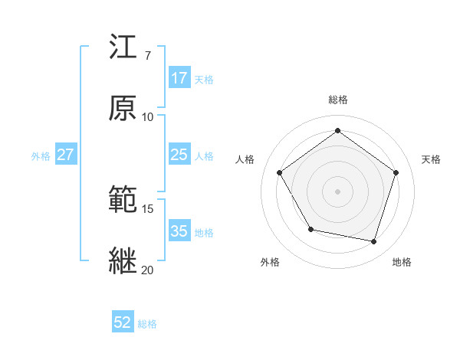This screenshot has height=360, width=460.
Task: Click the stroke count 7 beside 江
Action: [x=147, y=55]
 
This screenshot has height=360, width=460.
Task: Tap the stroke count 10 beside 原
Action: [x=147, y=116]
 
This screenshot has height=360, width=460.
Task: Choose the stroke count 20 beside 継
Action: [x=147, y=270]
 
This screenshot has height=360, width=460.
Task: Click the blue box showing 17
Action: [x=179, y=78]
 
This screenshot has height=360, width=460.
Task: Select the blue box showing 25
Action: [x=179, y=155]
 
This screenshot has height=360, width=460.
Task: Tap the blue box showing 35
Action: [x=179, y=231]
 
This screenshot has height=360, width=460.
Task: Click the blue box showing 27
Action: [x=66, y=155]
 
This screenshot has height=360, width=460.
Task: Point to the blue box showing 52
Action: [x=123, y=323]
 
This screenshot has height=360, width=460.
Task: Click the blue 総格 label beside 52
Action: [x=147, y=324]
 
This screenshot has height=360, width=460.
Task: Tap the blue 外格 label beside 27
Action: [x=41, y=155]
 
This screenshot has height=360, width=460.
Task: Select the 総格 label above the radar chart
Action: [x=337, y=100]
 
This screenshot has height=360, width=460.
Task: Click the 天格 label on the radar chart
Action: [x=431, y=159]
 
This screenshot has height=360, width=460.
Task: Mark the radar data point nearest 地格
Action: [x=373, y=241]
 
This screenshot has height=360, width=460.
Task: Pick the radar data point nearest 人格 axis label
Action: [x=280, y=172]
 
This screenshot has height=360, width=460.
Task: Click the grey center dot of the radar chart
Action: [x=337, y=191]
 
